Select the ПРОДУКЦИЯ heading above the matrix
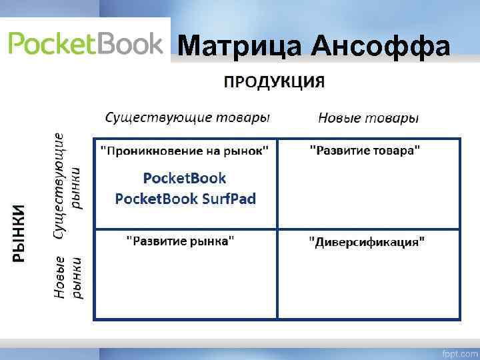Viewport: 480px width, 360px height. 274,82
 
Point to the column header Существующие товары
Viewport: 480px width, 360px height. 187,118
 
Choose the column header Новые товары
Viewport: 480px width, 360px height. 368,118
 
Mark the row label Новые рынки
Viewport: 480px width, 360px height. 67,276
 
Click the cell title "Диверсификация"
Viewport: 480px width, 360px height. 365,241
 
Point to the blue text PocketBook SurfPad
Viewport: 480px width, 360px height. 185,199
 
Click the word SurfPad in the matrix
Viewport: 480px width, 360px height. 228,199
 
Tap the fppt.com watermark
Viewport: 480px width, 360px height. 459,351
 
